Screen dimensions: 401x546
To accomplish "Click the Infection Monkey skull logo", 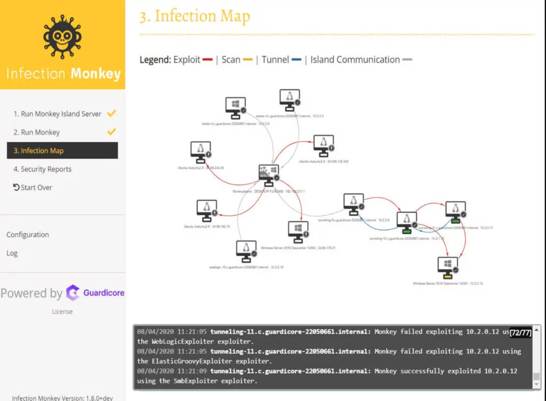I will pos(62,37).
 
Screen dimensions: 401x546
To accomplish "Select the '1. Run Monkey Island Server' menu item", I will pos(57,113).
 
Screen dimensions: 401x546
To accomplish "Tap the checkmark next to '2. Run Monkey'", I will pos(111,132).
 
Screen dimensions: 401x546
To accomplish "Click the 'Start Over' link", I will pos(33,187).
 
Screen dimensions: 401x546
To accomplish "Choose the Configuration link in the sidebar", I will pos(28,234).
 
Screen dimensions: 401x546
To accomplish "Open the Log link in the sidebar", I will pos(12,253).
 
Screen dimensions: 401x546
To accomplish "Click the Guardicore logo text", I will pos(103,292).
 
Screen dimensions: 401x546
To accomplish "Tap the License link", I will pos(62,312).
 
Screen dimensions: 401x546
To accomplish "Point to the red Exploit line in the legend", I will pos(208,60).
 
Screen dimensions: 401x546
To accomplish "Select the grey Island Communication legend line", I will pos(407,60).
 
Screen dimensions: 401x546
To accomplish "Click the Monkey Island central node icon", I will pos(268,174).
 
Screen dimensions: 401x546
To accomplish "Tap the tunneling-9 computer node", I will pos(353,203).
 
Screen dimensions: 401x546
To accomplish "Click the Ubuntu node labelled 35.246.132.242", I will pos(323,145).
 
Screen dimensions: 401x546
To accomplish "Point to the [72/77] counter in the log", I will pos(520,333).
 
